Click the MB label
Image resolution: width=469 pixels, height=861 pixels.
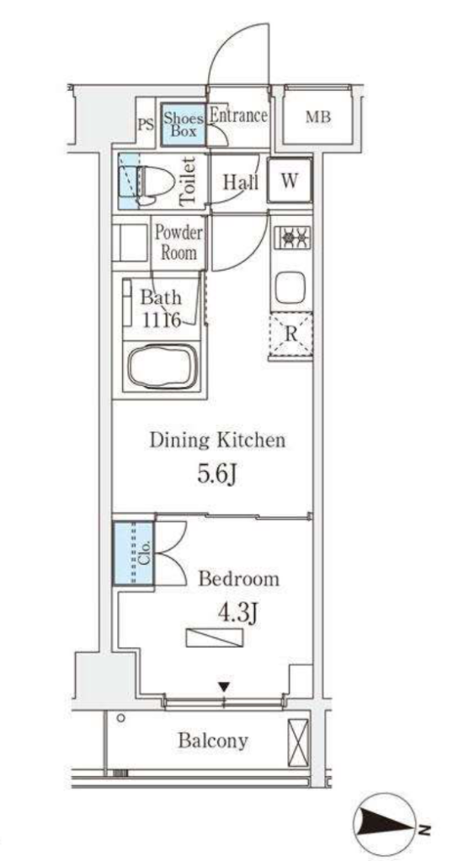tap(318, 117)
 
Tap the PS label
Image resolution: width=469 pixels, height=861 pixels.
tap(146, 124)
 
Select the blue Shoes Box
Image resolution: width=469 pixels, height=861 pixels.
tap(184, 124)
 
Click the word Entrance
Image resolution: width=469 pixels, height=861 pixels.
tap(238, 116)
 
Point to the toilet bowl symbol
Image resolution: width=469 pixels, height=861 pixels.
tap(154, 182)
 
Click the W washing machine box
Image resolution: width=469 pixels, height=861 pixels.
tap(290, 180)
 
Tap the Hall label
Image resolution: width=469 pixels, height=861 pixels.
tap(240, 182)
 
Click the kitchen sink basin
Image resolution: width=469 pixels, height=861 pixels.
tap(290, 287)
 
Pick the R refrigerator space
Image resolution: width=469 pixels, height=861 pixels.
tap(290, 335)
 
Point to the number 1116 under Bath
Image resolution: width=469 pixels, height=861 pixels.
tap(161, 320)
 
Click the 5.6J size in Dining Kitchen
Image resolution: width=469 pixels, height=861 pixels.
tap(218, 474)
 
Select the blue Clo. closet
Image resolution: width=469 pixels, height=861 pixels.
tap(134, 552)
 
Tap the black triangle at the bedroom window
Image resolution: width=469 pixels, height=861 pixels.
tap(224, 686)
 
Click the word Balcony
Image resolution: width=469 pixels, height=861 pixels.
tap(213, 741)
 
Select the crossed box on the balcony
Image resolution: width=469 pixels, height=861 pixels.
tap(299, 742)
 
